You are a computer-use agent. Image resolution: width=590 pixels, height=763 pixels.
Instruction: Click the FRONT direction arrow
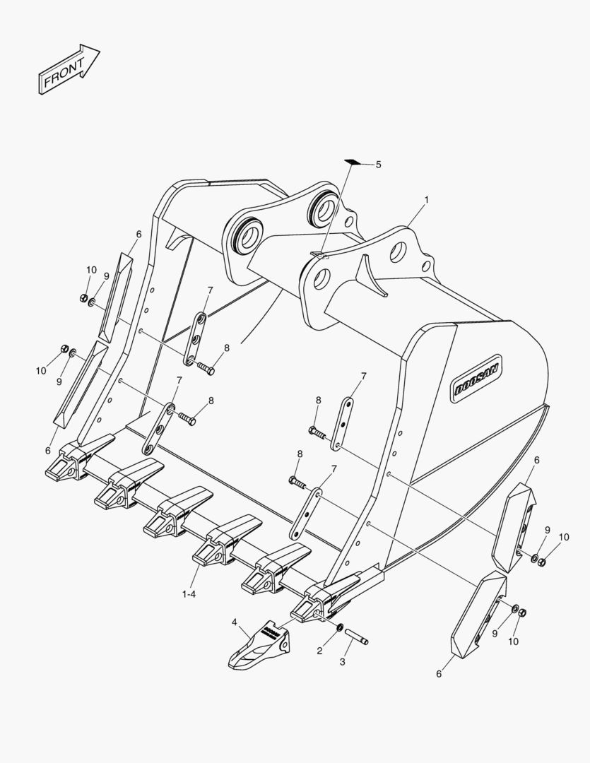coord(69,69)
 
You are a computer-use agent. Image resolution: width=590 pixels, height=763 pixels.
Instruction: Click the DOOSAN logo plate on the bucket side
coord(477,378)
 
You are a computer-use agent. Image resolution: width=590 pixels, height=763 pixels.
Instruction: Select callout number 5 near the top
coord(378,165)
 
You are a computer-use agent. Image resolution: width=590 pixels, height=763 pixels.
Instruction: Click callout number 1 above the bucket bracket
coord(427,200)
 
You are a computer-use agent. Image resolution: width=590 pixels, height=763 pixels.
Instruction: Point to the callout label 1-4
coord(189,594)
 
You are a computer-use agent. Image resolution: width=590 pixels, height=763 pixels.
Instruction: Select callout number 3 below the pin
coord(342,662)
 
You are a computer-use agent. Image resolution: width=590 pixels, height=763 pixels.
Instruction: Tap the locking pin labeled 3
coord(357,637)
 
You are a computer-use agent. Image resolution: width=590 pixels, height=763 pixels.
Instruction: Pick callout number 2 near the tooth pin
coord(319,651)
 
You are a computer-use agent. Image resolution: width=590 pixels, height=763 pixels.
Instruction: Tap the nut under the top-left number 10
coord(83,298)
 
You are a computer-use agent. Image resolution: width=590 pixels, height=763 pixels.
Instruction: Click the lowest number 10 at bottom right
coord(513,641)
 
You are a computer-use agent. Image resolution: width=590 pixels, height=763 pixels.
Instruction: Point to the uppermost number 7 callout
coord(210,290)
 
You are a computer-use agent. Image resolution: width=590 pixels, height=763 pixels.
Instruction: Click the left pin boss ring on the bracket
coord(249,237)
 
